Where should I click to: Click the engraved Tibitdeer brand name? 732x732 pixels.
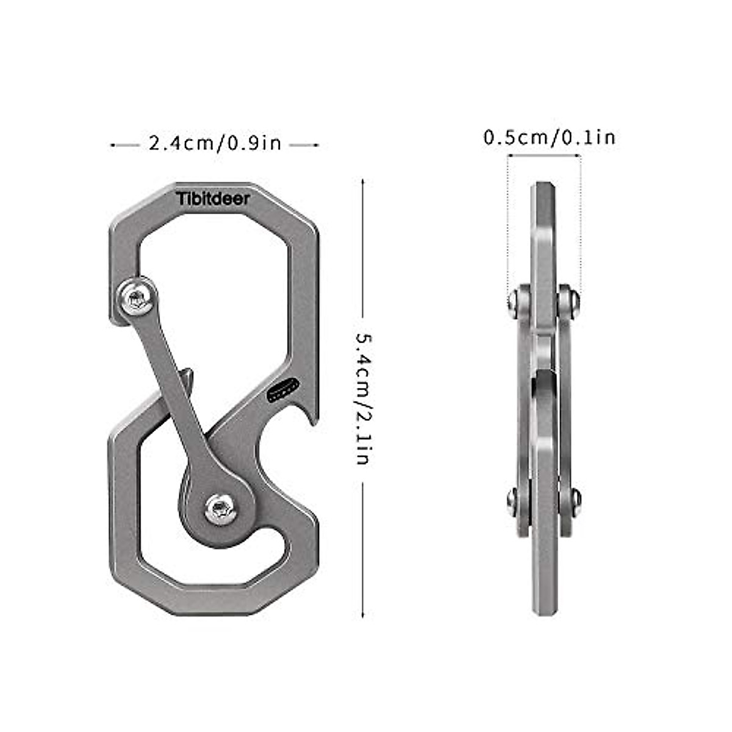coord(213,199)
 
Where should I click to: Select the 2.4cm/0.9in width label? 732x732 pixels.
coord(215,143)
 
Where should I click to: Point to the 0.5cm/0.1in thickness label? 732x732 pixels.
coord(549,137)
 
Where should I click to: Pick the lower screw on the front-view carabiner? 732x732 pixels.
coord(220,508)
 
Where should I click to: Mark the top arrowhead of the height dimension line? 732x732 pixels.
coord(363,182)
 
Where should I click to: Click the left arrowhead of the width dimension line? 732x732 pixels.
coord(112,145)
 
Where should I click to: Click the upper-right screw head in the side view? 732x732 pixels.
coord(573,301)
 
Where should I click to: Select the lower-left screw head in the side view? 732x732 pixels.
coord(512,502)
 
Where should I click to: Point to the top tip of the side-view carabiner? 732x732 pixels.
coord(542,183)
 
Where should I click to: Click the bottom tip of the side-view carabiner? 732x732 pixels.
coord(542,613)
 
